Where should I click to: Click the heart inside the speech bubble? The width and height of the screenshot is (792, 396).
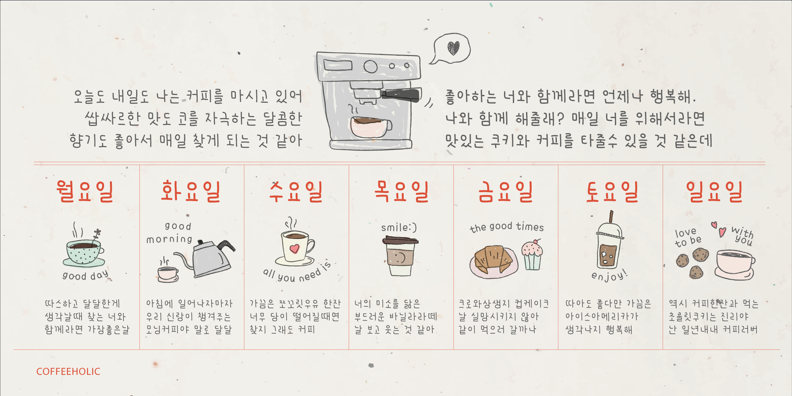pyautogui.click(x=453, y=48)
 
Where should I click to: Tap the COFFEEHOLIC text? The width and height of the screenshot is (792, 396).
pyautogui.click(x=68, y=371)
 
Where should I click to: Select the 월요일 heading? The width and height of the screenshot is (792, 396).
pyautogui.click(x=85, y=191)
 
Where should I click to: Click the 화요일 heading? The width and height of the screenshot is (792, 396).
pyautogui.click(x=191, y=191)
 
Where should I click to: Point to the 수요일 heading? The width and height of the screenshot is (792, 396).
pyautogui.click(x=296, y=191)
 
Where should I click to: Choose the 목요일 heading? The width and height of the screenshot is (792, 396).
pyautogui.click(x=401, y=191)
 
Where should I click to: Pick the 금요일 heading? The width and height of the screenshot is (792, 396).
pyautogui.click(x=505, y=191)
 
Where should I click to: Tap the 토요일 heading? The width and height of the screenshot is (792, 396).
pyautogui.click(x=612, y=191)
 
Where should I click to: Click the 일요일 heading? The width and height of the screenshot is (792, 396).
pyautogui.click(x=714, y=191)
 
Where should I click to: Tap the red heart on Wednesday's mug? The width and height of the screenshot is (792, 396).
pyautogui.click(x=294, y=248)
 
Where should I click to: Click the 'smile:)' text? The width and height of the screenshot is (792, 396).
pyautogui.click(x=399, y=227)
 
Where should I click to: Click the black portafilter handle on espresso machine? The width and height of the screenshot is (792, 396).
pyautogui.click(x=401, y=95)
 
